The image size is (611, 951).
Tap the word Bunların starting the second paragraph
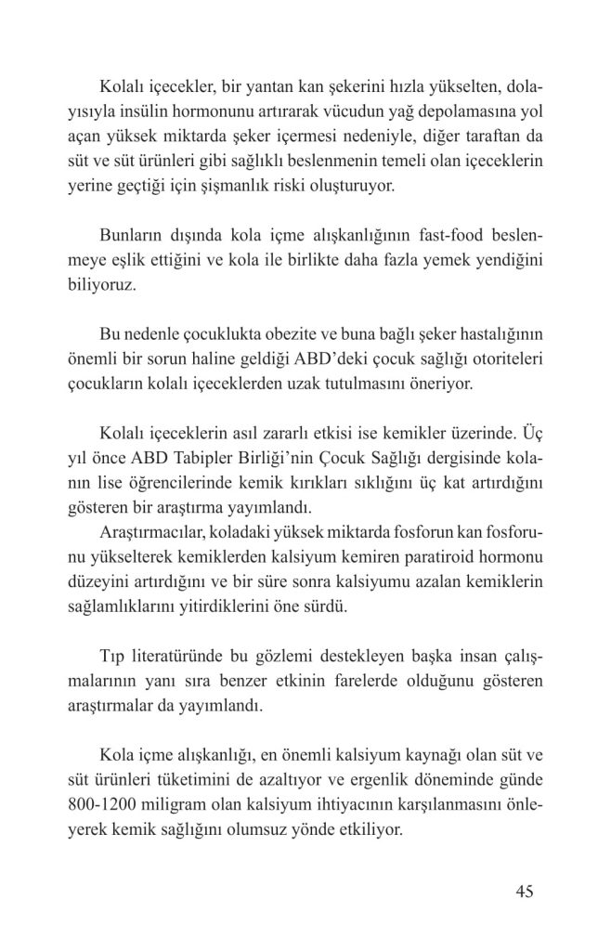click(134, 234)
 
